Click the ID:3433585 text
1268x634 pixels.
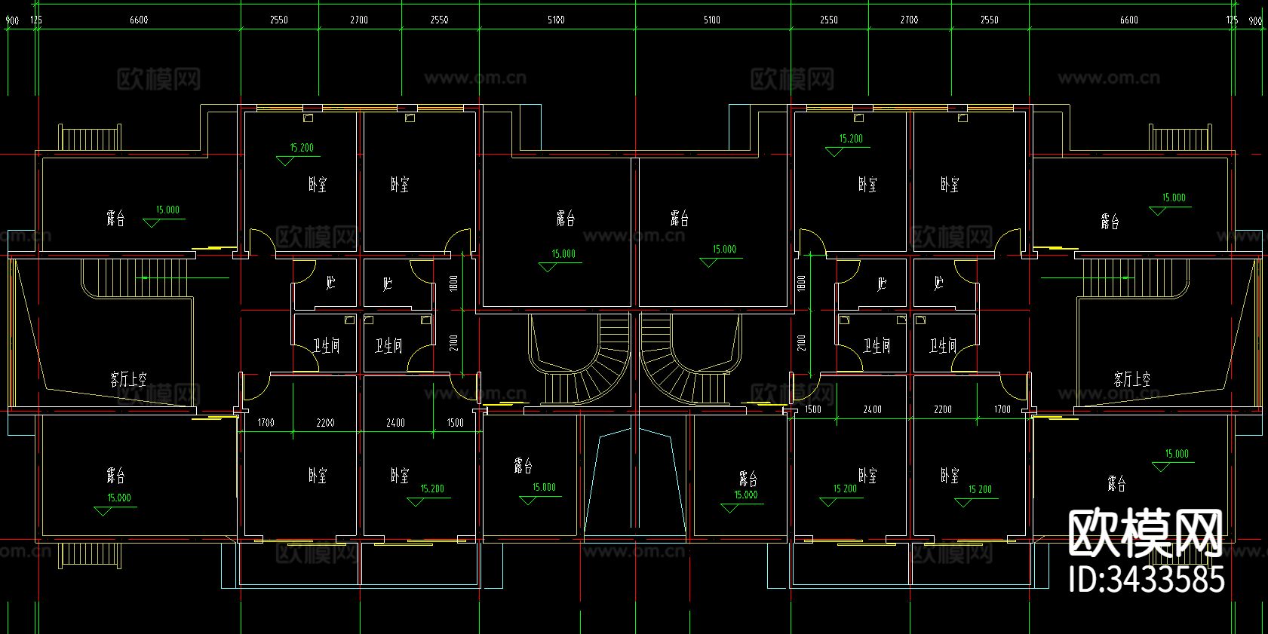(1147, 580)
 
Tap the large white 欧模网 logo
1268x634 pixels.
(1145, 532)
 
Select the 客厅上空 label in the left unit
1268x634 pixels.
(128, 378)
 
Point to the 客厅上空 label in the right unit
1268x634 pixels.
(1131, 378)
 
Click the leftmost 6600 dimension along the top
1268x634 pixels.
(139, 20)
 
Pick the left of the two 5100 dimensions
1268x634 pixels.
(556, 20)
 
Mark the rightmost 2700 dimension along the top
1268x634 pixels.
(909, 20)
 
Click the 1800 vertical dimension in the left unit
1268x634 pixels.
(453, 283)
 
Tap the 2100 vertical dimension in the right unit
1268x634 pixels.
(801, 343)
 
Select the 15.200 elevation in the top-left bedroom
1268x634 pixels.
(302, 148)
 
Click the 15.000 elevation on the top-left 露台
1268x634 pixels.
(167, 210)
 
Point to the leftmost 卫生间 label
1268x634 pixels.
(327, 346)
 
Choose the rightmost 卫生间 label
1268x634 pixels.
(943, 346)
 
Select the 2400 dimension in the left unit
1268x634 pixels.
(395, 423)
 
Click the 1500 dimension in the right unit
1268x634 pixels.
(813, 409)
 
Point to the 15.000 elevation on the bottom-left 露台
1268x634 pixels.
(119, 498)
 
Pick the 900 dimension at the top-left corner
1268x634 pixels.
(12, 20)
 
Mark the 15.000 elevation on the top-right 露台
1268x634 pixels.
(1174, 198)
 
